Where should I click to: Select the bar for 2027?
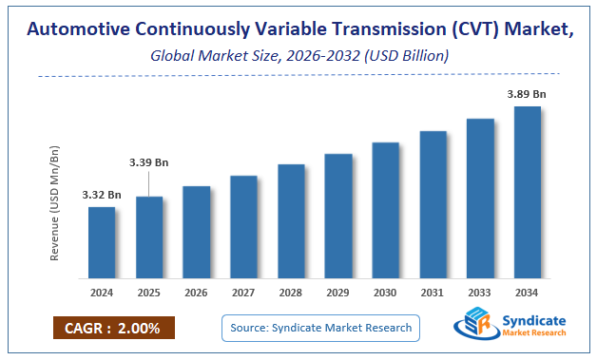(243, 227)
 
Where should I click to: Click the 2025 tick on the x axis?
(149, 294)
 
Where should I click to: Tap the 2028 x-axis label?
(291, 294)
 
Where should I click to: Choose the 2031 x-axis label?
(433, 294)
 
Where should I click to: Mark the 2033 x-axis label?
(480, 294)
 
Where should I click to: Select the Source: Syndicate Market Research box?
(320, 328)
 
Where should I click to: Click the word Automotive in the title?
(78, 29)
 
